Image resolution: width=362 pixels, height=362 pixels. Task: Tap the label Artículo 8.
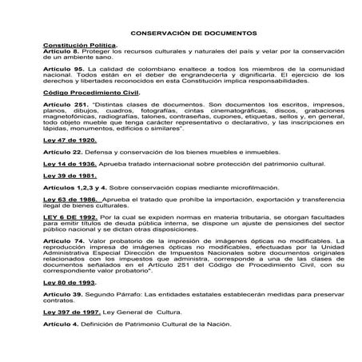(61, 53)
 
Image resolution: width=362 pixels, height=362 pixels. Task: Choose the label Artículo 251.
(65, 105)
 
